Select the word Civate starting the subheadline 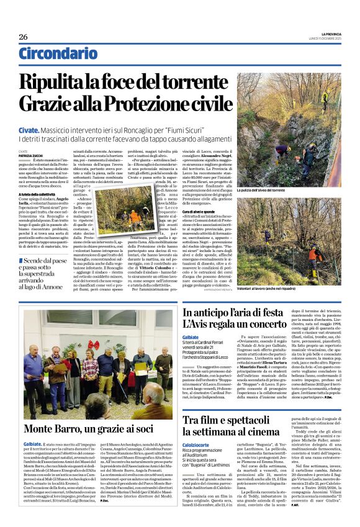pyautogui.click(x=29, y=130)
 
